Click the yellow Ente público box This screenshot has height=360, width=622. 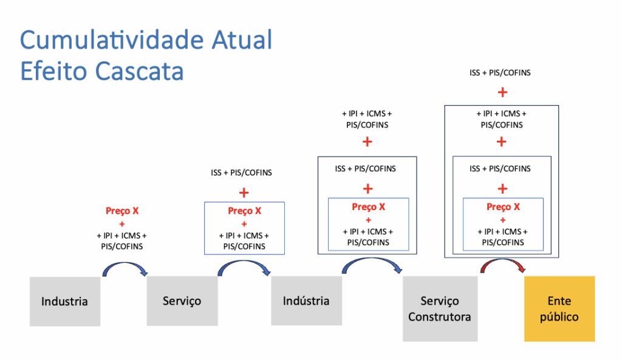(x=559, y=308)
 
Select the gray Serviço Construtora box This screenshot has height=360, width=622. (x=440, y=308)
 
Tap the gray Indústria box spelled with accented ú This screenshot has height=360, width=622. (x=306, y=301)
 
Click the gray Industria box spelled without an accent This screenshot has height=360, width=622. (x=64, y=301)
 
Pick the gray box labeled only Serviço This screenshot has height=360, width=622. (x=182, y=301)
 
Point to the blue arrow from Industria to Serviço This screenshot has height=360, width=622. (x=126, y=268)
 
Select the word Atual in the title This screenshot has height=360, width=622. (x=242, y=41)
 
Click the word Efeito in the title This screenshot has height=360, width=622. (x=53, y=71)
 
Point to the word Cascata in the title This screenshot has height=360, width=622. (x=139, y=71)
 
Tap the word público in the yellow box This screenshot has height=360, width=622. (x=559, y=317)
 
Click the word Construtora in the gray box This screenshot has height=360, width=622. (x=440, y=317)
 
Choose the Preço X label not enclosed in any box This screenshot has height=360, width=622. (x=122, y=211)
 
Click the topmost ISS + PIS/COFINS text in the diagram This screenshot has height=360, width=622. (x=500, y=73)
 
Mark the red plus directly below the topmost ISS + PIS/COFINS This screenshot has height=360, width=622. (x=502, y=92)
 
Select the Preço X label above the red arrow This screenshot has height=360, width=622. (x=503, y=207)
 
